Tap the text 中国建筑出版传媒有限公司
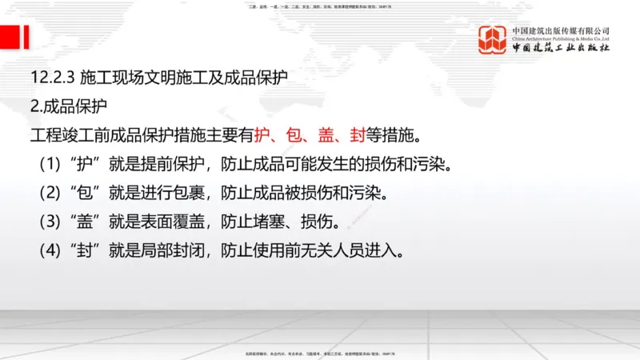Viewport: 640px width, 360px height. pyautogui.click(x=560, y=31)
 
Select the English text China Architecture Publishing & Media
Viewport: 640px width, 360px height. pyautogui.click(x=560, y=39)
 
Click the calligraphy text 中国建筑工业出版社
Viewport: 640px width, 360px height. pyautogui.click(x=560, y=49)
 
